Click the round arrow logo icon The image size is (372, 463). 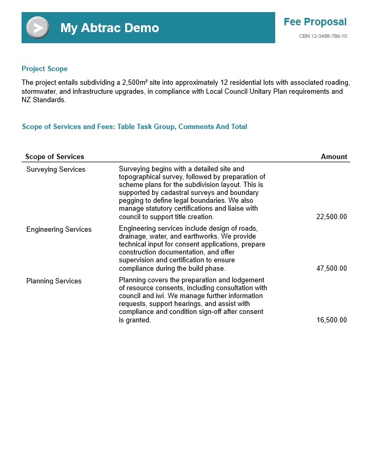tap(37, 28)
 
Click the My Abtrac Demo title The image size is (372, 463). tap(109, 28)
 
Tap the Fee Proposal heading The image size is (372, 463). tap(315, 22)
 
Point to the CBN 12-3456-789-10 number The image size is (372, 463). tap(323, 36)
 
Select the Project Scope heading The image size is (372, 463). tap(44, 69)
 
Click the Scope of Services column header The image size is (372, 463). tap(55, 156)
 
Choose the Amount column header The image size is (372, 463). tap(334, 156)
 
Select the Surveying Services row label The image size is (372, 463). tap(56, 170)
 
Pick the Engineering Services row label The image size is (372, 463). tap(59, 230)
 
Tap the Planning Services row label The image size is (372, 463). tap(54, 281)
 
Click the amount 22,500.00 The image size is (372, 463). tap(331, 216)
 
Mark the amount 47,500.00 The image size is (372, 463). tap(331, 268)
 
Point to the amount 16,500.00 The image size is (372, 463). tap(331, 320)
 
